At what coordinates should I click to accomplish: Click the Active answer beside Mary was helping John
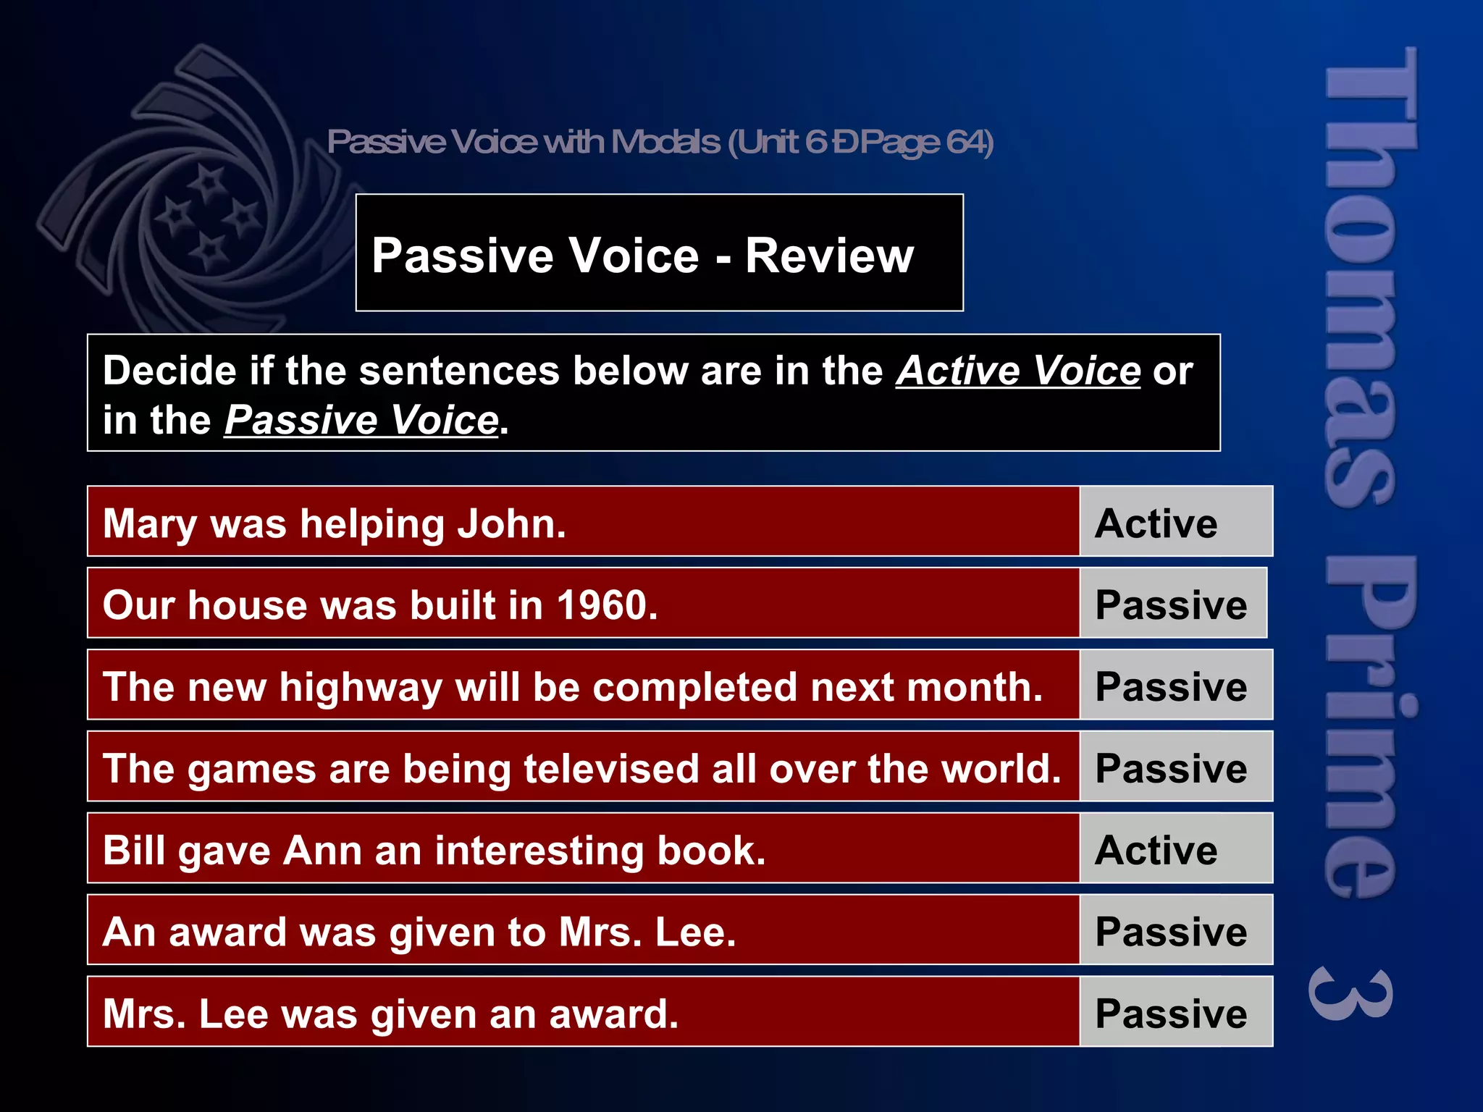[1156, 523]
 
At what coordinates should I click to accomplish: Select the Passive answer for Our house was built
[1171, 605]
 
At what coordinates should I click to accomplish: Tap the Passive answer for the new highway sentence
[1171, 686]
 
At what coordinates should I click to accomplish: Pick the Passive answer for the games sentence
[1171, 768]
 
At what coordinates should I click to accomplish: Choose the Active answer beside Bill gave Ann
[1156, 850]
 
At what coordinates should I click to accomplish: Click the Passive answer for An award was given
[1171, 932]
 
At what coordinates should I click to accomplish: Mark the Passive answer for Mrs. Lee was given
[1171, 1014]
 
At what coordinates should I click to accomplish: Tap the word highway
[361, 688]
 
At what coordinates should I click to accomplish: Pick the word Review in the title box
[829, 256]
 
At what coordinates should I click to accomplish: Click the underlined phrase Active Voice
[1018, 371]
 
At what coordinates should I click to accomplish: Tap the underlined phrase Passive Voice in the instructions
[361, 420]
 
